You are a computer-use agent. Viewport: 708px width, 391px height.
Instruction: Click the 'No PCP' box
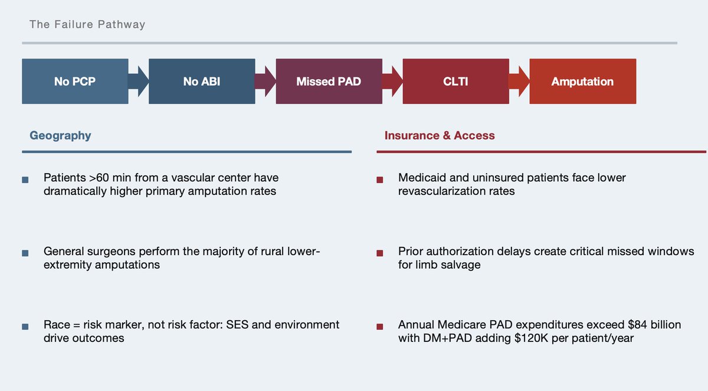[x=75, y=82]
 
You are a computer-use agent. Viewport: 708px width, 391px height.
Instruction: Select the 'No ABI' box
[x=202, y=82]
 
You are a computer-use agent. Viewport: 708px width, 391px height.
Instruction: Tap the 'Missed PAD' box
[x=329, y=82]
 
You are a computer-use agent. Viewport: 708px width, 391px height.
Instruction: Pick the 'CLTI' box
[x=455, y=82]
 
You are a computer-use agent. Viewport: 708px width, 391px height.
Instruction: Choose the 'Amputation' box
[x=583, y=82]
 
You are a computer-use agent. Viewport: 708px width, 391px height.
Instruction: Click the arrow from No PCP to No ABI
[x=139, y=82]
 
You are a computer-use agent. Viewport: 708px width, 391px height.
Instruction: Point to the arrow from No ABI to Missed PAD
[x=265, y=82]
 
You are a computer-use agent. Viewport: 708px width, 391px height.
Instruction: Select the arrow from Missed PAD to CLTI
[x=392, y=82]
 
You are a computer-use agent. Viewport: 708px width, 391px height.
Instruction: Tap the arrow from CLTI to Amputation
[x=519, y=82]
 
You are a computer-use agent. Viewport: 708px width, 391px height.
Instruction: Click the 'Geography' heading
[x=60, y=136]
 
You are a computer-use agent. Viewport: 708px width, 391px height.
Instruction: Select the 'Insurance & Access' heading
[x=440, y=135]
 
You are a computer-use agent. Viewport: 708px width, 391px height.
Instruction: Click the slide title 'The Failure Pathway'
[x=87, y=24]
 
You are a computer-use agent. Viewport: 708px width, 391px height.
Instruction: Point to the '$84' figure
[x=638, y=325]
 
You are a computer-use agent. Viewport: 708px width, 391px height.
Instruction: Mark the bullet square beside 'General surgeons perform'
[x=25, y=253]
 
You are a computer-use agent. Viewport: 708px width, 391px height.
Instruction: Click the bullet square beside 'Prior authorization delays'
[x=380, y=253]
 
